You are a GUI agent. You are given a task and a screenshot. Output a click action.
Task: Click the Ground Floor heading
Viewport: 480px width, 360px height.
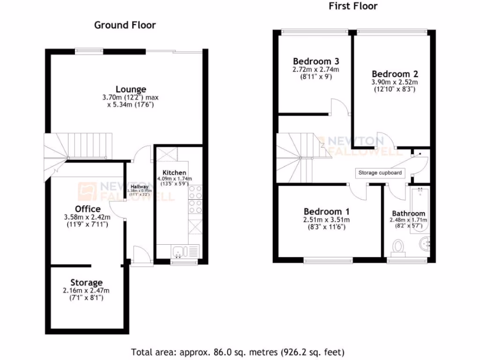(125, 25)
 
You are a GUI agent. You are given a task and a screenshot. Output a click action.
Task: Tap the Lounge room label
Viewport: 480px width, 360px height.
(131, 89)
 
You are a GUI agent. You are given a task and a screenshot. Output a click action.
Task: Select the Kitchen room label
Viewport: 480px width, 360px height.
(174, 172)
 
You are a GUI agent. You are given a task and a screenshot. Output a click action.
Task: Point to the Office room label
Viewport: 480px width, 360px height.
(88, 209)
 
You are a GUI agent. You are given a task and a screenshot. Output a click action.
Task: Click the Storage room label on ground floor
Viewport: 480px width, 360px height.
(86, 283)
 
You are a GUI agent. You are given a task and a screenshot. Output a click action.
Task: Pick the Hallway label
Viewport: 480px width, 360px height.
(140, 187)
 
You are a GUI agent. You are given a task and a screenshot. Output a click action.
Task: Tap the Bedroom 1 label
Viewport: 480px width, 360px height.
(326, 211)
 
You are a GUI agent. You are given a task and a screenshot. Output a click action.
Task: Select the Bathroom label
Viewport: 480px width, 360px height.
(409, 213)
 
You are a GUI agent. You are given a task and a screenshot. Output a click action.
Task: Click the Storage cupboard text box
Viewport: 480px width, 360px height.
(380, 173)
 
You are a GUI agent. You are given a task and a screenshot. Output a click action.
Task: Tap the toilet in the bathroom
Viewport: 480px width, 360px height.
(398, 247)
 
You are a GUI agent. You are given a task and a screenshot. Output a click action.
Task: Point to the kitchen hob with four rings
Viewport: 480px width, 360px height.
(195, 196)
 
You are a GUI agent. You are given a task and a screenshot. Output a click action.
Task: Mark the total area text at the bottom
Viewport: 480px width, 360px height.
(238, 351)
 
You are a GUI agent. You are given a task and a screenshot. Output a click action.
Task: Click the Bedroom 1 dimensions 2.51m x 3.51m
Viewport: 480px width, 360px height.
(326, 219)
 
